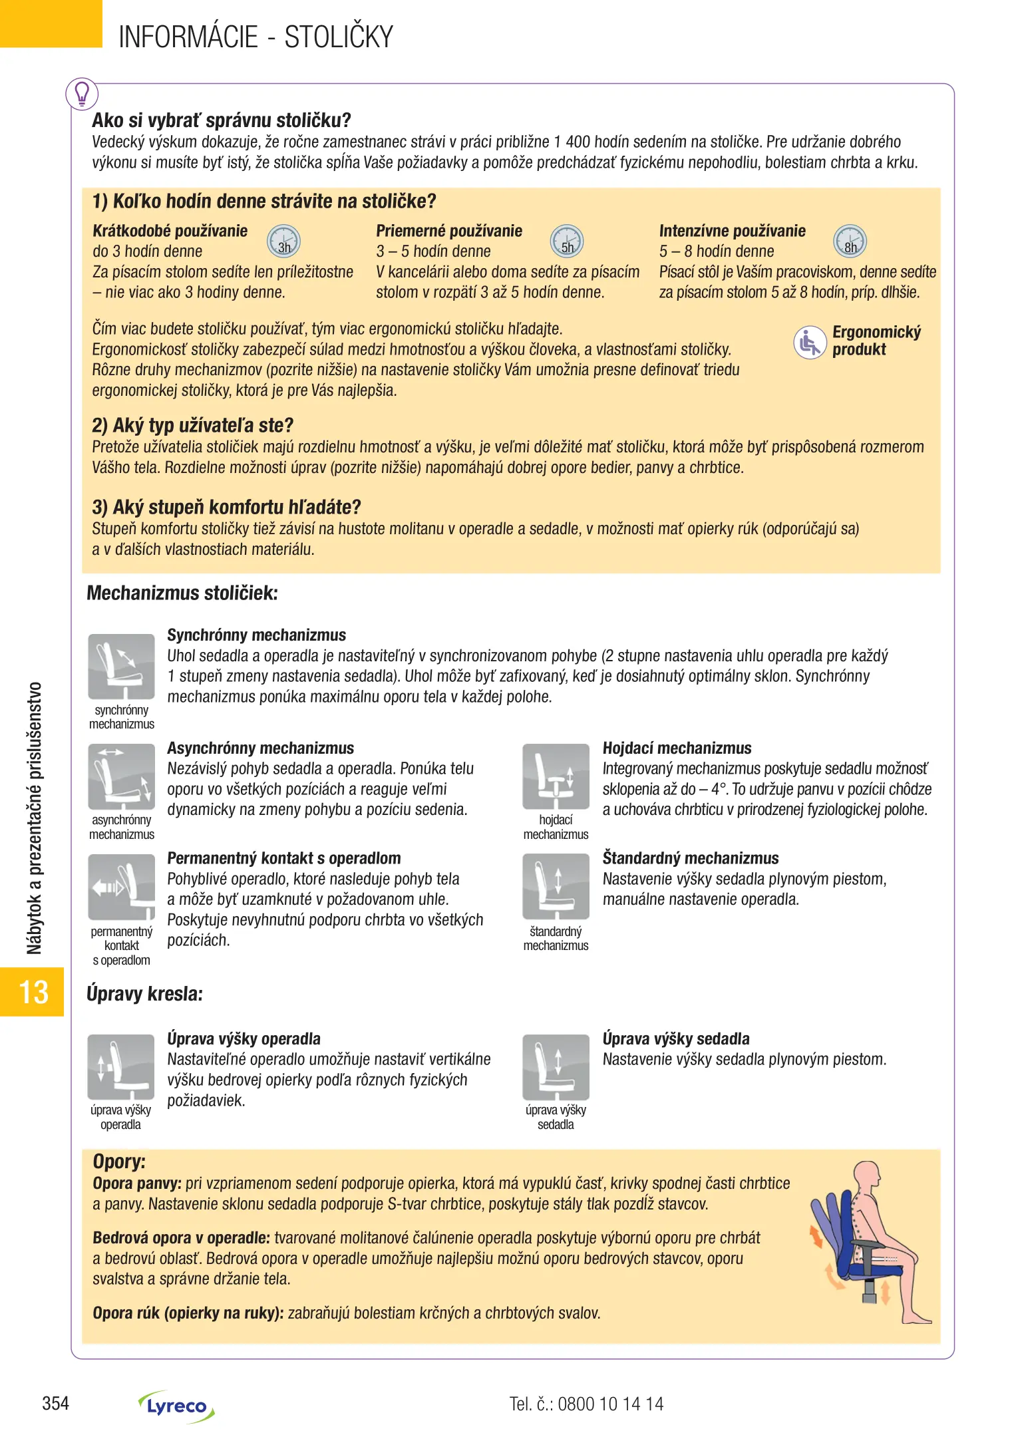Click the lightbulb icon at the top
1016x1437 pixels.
(82, 94)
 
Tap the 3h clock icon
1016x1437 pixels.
(283, 241)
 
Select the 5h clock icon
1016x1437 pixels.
(567, 241)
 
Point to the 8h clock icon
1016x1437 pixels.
(850, 241)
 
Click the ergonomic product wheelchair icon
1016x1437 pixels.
(810, 343)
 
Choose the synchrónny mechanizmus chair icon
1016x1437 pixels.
(121, 667)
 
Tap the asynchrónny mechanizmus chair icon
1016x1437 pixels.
(121, 776)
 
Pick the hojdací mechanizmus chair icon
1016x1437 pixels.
(556, 776)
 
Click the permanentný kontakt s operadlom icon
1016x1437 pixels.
(121, 887)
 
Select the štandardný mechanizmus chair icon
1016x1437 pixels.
(556, 887)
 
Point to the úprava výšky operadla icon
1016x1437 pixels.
(121, 1067)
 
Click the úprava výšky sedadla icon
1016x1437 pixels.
(556, 1067)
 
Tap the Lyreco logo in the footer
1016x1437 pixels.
(176, 1406)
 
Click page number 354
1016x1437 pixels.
(56, 1404)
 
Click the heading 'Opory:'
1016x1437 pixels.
(119, 1162)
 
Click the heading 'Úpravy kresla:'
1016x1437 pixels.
(144, 994)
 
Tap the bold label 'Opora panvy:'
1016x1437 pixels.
(137, 1184)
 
